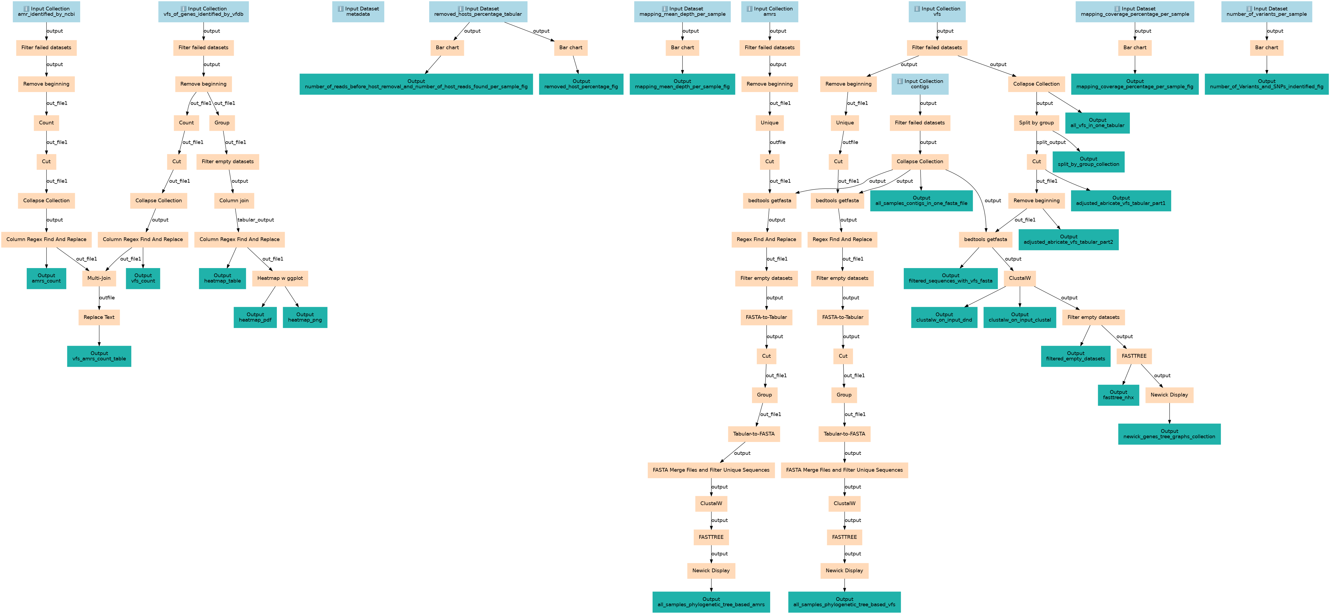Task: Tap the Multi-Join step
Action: pyautogui.click(x=99, y=278)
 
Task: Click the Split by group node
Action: pyautogui.click(x=1036, y=123)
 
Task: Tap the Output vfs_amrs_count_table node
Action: pyautogui.click(x=99, y=356)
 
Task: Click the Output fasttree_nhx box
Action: pyautogui.click(x=1118, y=395)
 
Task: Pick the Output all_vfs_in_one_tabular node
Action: pyautogui.click(x=1097, y=123)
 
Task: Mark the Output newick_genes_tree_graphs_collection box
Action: pyautogui.click(x=1169, y=434)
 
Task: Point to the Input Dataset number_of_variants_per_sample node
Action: pyautogui.click(x=1266, y=11)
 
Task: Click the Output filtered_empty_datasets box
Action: pyautogui.click(x=1075, y=356)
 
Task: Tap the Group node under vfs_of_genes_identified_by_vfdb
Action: pyautogui.click(x=222, y=123)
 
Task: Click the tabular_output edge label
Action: pyautogui.click(x=255, y=220)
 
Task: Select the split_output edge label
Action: pyautogui.click(x=1051, y=142)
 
